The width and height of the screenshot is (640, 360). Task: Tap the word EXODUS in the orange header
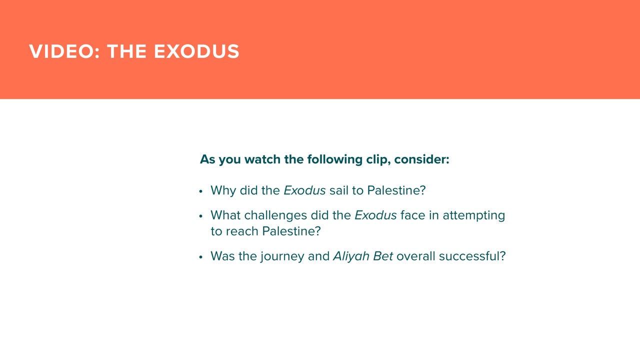tap(196, 51)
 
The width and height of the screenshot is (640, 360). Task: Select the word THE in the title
tap(127, 51)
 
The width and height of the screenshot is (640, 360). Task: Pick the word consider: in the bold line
tap(421, 159)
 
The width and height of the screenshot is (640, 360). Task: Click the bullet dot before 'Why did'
tap(200, 191)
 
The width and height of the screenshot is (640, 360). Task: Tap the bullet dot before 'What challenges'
tap(200, 216)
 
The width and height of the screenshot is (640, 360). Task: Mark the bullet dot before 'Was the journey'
tap(200, 257)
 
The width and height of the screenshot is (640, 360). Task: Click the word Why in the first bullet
tap(223, 191)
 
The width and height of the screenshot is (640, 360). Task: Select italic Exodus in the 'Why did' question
tap(304, 190)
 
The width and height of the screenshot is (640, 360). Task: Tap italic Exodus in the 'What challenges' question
tap(375, 215)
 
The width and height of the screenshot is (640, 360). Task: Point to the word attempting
tap(473, 215)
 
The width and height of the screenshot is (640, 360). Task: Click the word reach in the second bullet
tap(242, 231)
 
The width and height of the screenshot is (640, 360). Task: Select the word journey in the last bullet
tap(282, 256)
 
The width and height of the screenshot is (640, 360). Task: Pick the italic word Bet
tap(383, 256)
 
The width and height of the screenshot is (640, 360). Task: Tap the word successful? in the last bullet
tap(472, 256)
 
